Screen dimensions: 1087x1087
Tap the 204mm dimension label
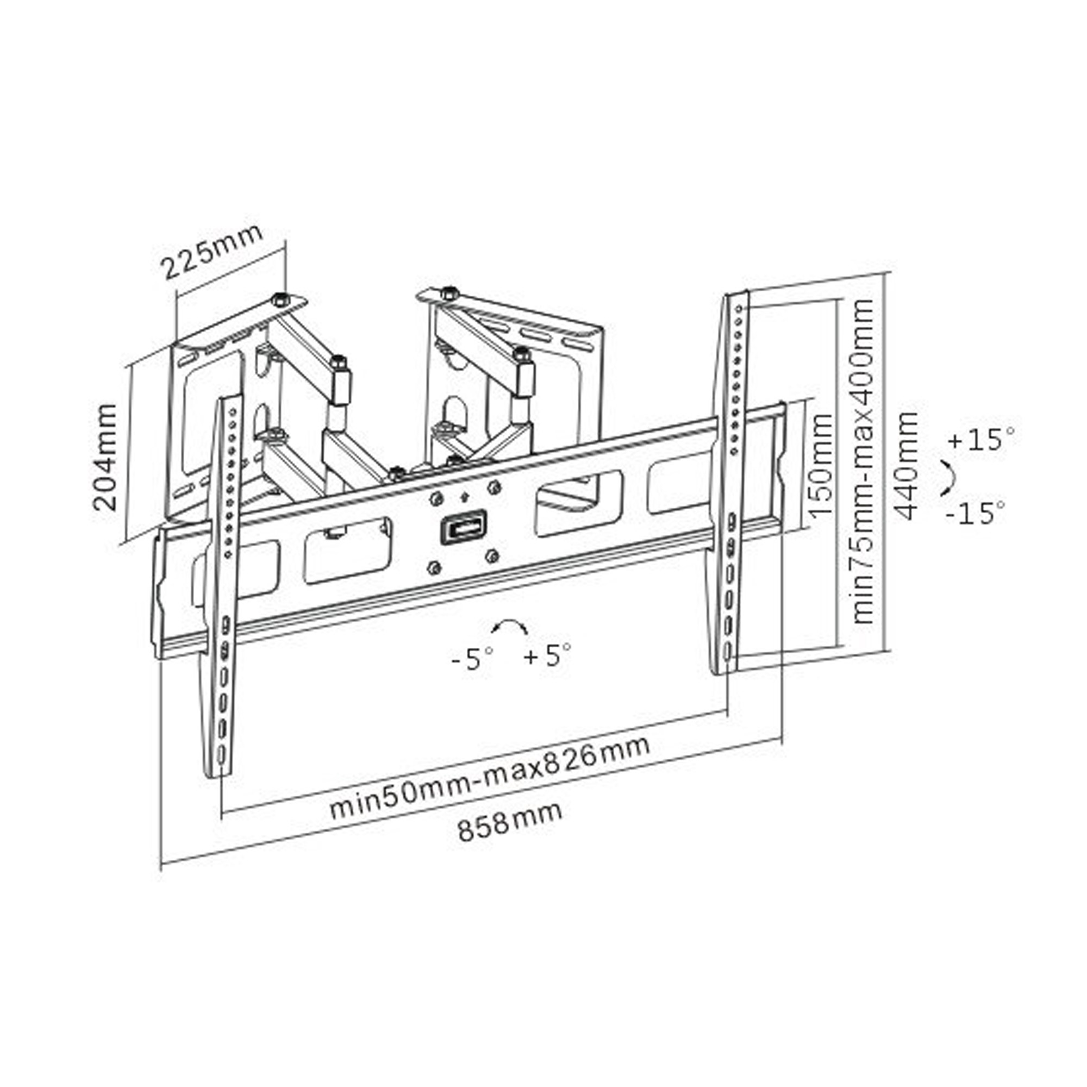pos(105,458)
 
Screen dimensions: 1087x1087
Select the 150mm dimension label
pos(820,466)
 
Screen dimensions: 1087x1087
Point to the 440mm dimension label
pos(905,466)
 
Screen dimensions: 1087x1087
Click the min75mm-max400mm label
pos(863,461)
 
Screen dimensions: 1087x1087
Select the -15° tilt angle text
pos(975,513)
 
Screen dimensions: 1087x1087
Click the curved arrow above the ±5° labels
pos(509,626)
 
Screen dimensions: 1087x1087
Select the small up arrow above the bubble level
pos(464,497)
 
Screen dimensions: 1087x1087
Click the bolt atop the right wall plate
pos(448,292)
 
